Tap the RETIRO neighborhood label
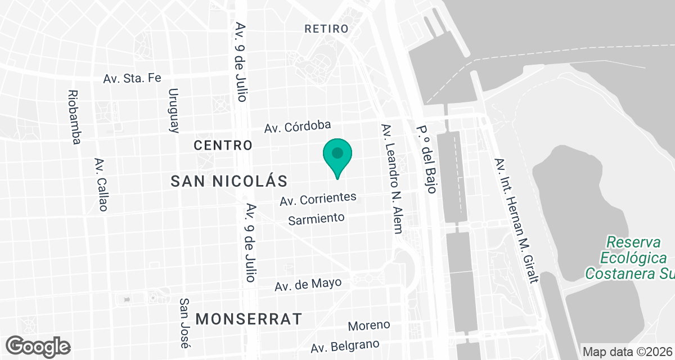(326, 29)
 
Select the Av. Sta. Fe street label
(132, 78)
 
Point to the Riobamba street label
(73, 117)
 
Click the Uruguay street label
(174, 110)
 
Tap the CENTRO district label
(223, 145)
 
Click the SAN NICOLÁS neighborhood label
(229, 181)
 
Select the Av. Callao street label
(101, 184)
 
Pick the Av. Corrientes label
(318, 199)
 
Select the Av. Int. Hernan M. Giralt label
(515, 220)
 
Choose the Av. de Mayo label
(308, 285)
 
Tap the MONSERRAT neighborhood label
(249, 319)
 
